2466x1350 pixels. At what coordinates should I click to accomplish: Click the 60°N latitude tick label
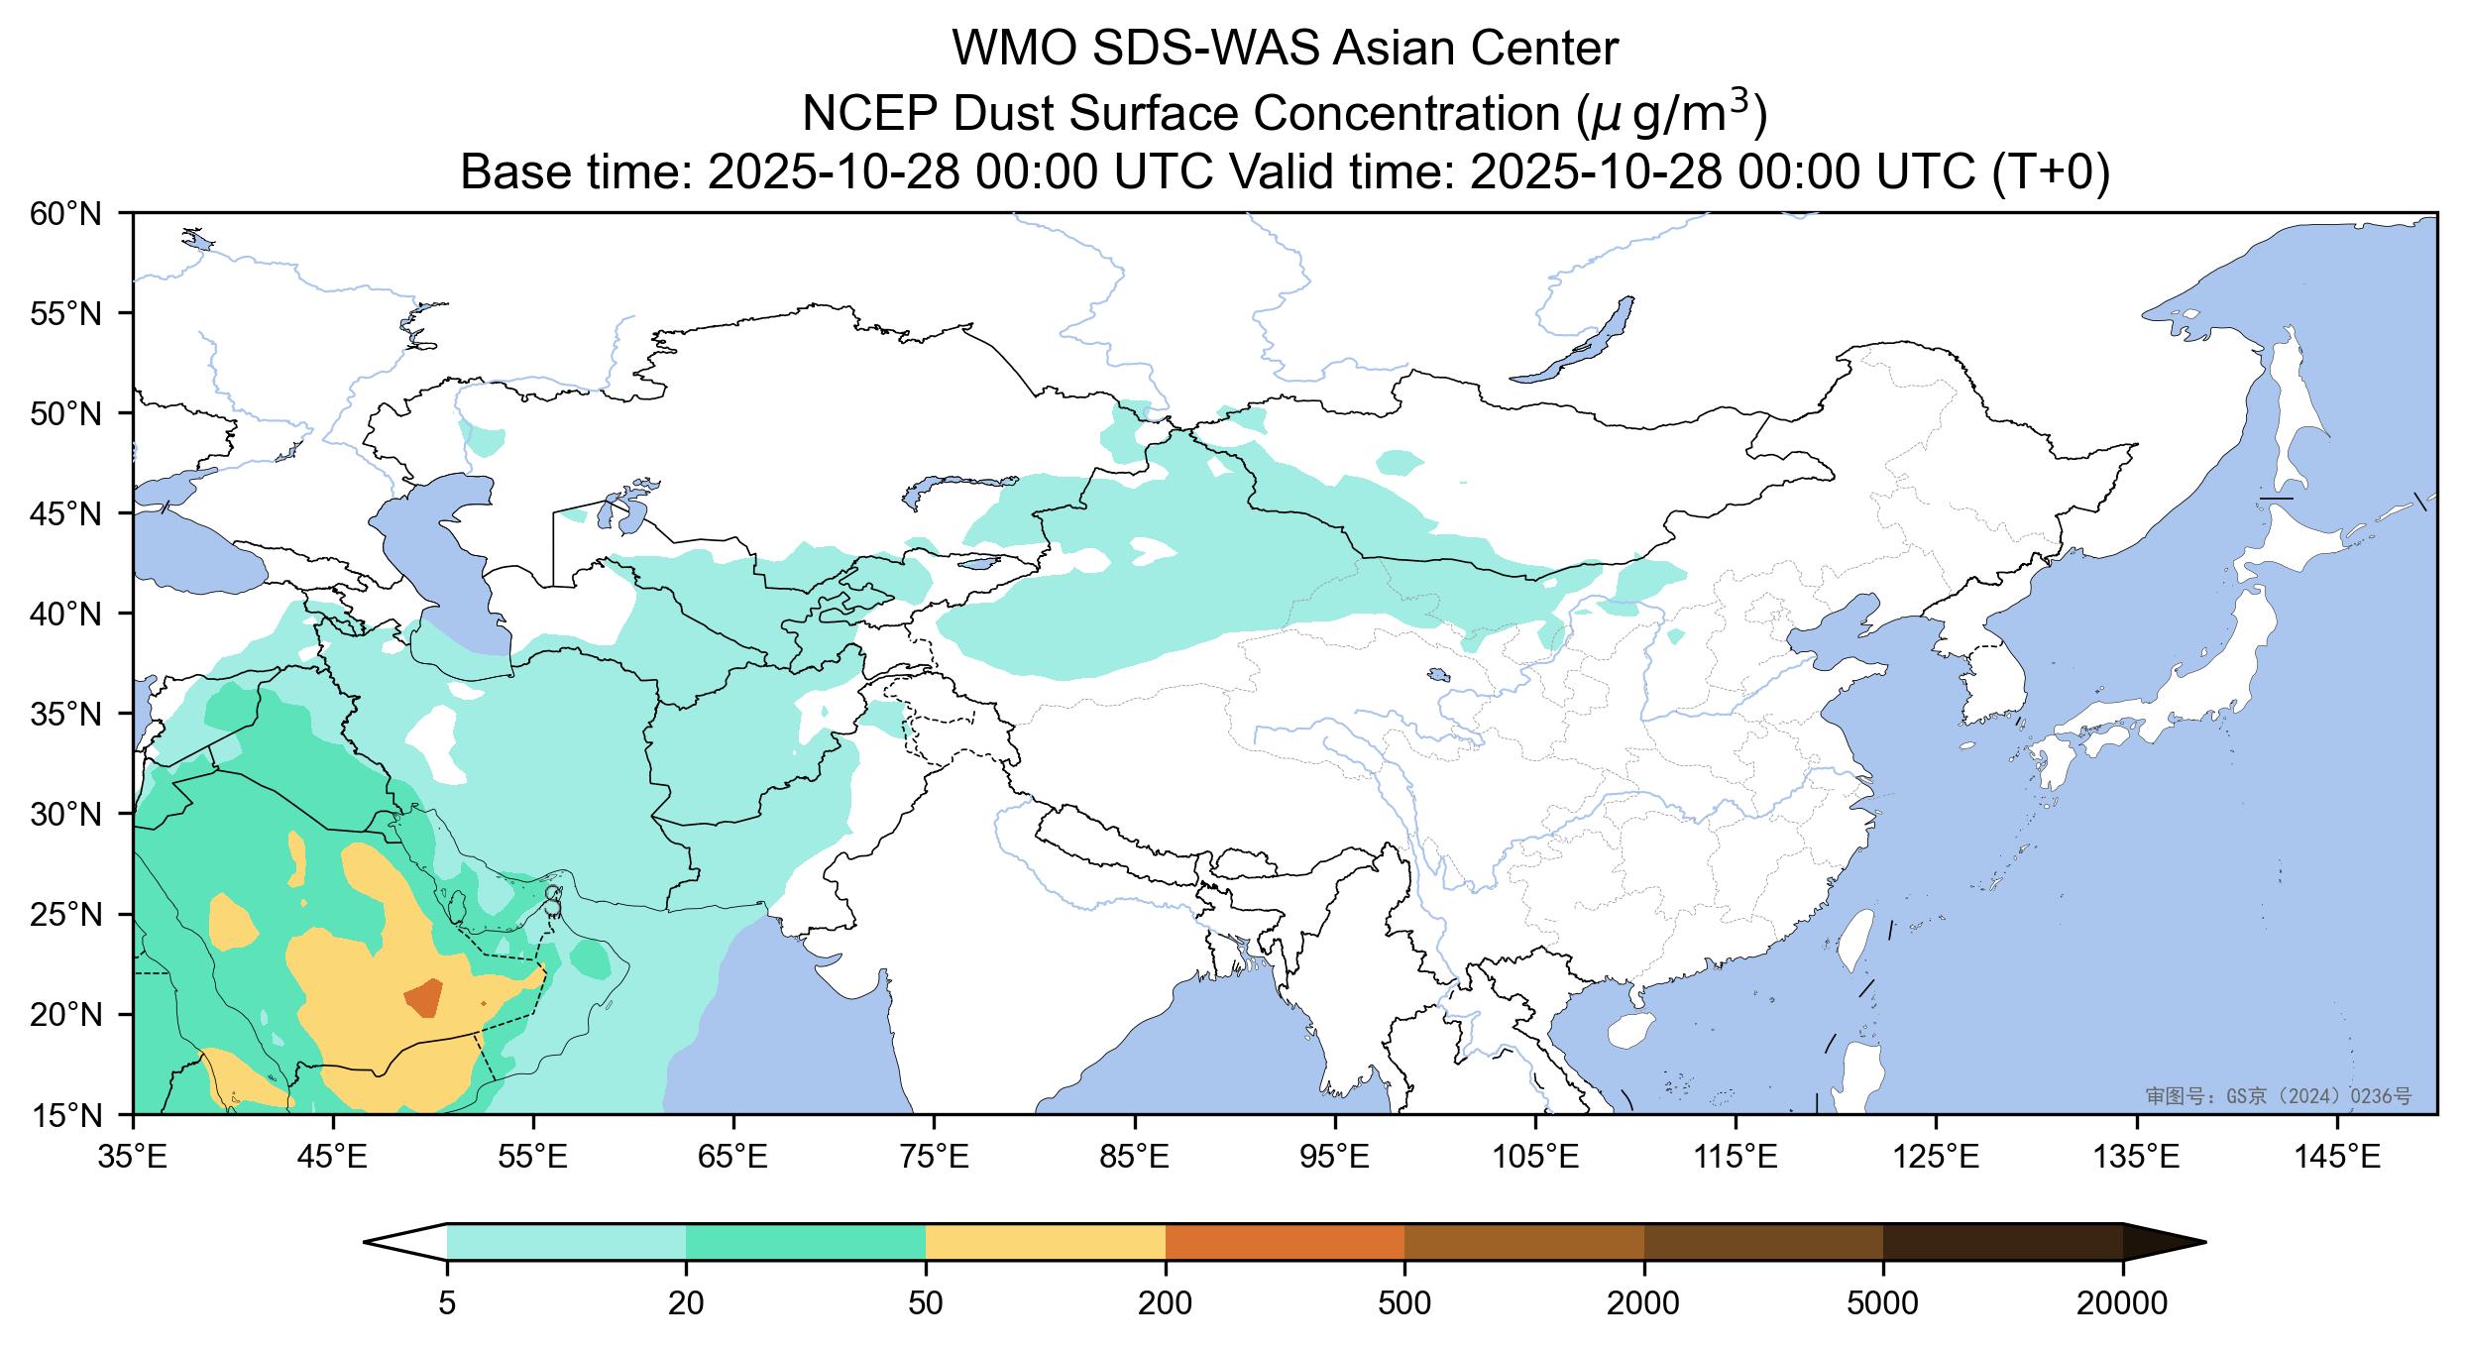click(x=66, y=213)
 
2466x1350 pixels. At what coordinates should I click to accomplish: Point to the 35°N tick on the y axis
click(x=66, y=714)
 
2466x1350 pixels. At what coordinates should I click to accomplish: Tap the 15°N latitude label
click(x=66, y=1115)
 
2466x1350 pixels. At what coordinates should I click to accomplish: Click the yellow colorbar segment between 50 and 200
click(x=1045, y=1241)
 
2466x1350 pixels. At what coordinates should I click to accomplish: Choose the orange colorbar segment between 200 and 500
click(x=1285, y=1241)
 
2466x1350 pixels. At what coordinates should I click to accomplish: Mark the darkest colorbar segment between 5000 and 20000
click(x=2002, y=1241)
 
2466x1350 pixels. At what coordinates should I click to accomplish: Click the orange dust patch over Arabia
click(x=425, y=996)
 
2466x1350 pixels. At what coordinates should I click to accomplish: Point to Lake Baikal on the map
click(x=1576, y=342)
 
